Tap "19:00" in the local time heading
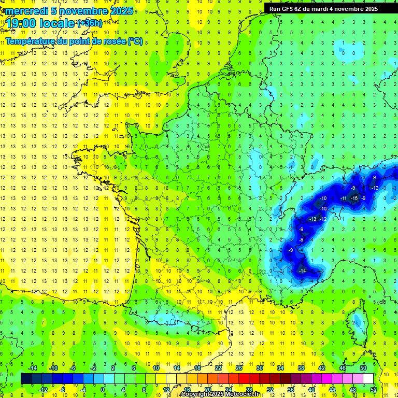point(22,24)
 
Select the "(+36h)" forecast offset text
point(90,23)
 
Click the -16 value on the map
point(354,198)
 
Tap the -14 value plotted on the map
point(302,271)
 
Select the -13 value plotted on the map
point(312,219)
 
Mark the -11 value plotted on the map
point(344,198)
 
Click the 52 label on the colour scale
point(374,389)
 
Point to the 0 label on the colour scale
point(103,389)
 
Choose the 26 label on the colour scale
point(239,367)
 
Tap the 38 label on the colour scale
point(301,367)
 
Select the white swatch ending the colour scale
point(368,378)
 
